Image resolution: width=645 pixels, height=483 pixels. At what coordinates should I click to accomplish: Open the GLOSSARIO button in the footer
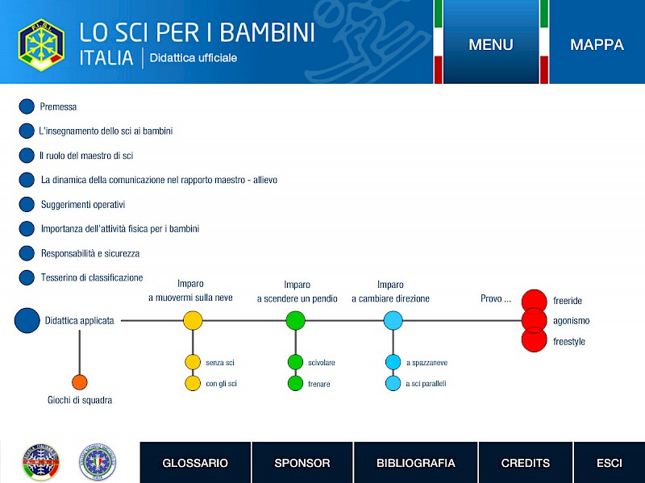[x=195, y=462]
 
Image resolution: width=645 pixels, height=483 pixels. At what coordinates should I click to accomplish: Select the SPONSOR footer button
[x=302, y=462]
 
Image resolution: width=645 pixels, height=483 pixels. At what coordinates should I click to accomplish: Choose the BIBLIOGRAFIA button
[x=415, y=462]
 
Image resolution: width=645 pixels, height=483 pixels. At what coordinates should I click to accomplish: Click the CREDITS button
[x=526, y=462]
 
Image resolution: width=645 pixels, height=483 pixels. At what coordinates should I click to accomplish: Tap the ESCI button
[x=610, y=462]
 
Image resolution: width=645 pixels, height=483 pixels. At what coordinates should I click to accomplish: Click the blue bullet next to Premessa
[x=27, y=106]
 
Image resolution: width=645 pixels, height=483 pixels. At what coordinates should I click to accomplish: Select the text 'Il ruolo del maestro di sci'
[x=86, y=156]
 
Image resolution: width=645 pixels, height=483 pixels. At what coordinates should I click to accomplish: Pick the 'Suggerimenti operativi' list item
[x=83, y=205]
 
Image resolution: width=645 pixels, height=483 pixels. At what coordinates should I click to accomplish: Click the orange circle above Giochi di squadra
[x=79, y=382]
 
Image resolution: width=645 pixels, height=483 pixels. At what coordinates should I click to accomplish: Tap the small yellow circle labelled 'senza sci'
[x=193, y=362]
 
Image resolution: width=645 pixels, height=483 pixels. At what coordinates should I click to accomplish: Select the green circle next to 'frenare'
[x=295, y=383]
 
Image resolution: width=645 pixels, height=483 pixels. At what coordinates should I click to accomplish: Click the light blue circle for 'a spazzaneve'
[x=393, y=362]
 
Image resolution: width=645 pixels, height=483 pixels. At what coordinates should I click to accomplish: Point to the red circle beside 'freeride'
[x=534, y=301]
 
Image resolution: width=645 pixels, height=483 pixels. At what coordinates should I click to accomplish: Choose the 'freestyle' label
[x=569, y=341]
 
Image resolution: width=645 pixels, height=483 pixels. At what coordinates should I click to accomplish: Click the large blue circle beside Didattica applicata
[x=27, y=320]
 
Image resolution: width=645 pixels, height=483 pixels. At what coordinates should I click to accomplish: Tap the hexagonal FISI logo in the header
[x=41, y=45]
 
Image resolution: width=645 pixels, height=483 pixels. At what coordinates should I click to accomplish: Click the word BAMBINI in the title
[x=268, y=32]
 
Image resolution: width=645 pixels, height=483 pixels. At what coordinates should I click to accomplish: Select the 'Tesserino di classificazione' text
[x=92, y=277]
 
